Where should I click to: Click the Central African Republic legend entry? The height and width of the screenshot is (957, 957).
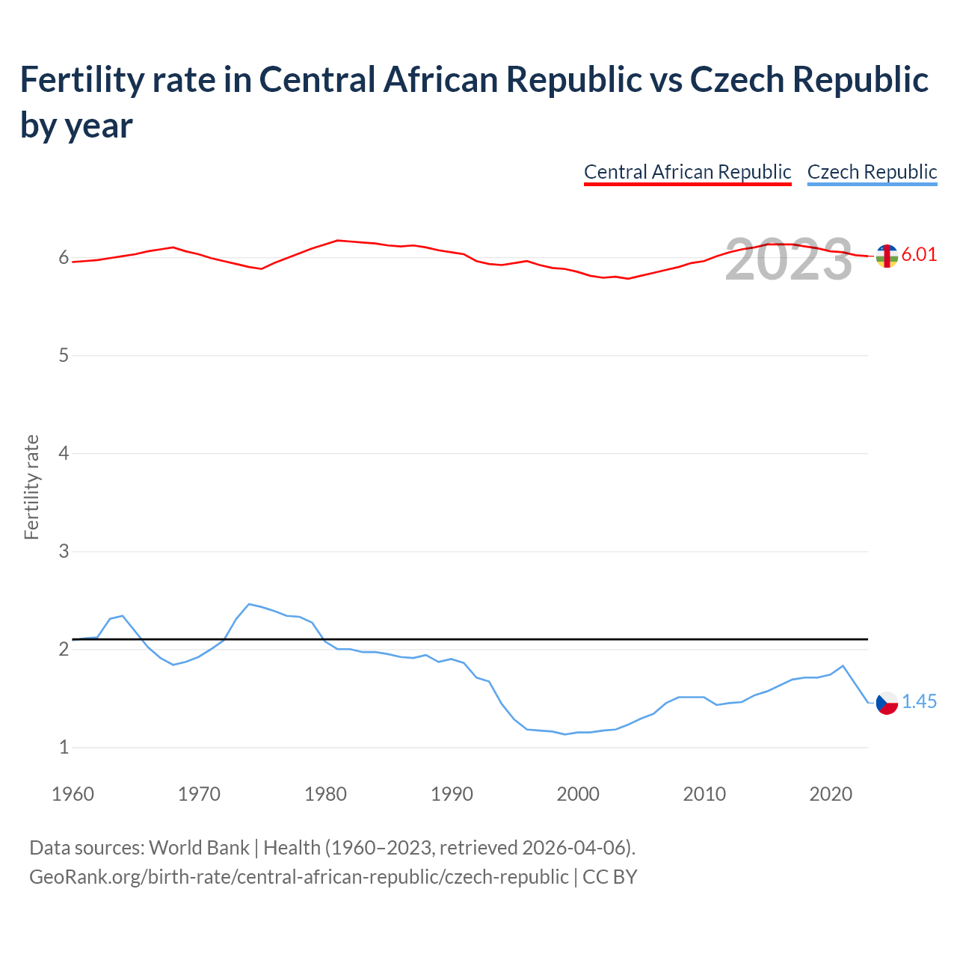click(x=687, y=172)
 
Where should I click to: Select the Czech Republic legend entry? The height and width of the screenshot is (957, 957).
click(x=872, y=172)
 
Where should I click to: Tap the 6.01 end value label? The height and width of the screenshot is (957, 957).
click(x=919, y=254)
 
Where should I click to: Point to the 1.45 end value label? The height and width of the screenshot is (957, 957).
click(x=919, y=701)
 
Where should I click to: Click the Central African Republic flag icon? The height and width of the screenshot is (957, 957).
click(x=887, y=256)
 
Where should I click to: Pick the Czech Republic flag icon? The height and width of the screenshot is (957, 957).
click(x=887, y=703)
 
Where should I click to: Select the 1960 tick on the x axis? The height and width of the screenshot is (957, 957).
click(x=73, y=794)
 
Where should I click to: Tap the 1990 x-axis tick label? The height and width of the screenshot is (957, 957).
click(x=452, y=794)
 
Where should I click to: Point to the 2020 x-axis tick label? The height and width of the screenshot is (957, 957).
click(x=831, y=794)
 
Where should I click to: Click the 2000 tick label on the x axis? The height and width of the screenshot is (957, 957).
click(x=578, y=794)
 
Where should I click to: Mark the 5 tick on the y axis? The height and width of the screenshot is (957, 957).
click(x=64, y=355)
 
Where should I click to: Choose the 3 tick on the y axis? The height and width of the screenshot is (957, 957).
click(x=64, y=551)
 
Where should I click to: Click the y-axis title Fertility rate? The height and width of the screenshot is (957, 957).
click(x=31, y=487)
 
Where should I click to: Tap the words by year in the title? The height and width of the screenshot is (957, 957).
click(x=76, y=125)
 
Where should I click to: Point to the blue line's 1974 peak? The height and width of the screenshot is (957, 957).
click(x=250, y=604)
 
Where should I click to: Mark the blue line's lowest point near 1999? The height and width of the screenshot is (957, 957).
click(x=565, y=734)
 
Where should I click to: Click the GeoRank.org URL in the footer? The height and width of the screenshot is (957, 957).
click(x=298, y=876)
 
